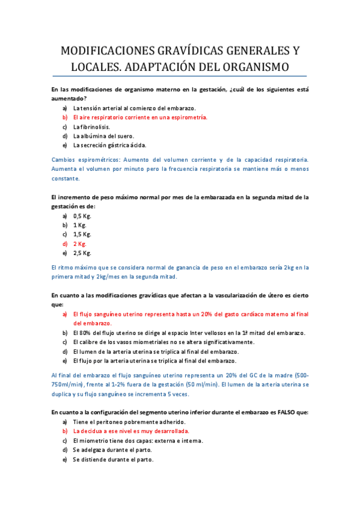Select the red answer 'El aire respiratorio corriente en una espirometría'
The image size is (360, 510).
140,117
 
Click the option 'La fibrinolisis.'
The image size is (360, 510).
91,127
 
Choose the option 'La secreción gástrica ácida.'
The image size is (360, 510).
109,145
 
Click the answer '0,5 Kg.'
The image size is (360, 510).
82,215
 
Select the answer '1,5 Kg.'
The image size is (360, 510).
82,234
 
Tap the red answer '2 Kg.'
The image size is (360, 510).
80,244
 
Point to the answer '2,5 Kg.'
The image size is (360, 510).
82,253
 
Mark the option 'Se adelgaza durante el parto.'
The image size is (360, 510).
112,450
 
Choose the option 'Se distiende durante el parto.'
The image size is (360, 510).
113,459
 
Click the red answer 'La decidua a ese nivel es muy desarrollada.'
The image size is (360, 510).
131,431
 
